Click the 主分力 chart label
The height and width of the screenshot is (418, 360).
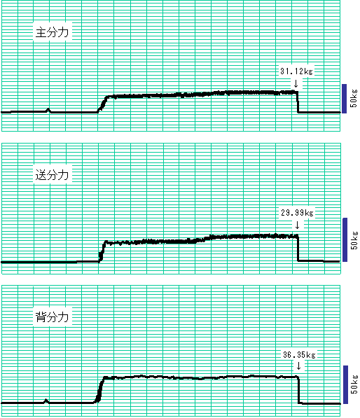(53, 32)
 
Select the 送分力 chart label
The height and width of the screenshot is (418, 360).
(53, 175)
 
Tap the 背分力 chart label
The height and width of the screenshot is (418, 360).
(53, 317)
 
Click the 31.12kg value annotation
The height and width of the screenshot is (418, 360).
(296, 71)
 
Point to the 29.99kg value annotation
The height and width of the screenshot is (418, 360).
(297, 213)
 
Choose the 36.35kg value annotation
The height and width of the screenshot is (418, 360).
(299, 355)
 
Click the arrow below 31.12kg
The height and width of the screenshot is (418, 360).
(296, 84)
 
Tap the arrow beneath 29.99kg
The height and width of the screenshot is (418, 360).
(297, 225)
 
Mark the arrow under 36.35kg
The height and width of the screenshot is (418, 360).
(298, 365)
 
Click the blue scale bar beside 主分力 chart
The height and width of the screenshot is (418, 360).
(345, 99)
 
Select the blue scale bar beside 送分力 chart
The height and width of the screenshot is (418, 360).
(345, 239)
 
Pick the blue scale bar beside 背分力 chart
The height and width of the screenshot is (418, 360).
(345, 384)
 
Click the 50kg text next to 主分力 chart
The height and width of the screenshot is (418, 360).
(354, 98)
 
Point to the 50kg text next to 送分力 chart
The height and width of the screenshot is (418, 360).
(354, 240)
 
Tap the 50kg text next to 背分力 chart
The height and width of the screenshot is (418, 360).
(354, 384)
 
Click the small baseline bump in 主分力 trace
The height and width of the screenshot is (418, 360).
(48, 110)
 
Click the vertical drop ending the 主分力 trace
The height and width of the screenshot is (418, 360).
(298, 102)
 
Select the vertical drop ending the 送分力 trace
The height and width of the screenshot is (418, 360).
(298, 249)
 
